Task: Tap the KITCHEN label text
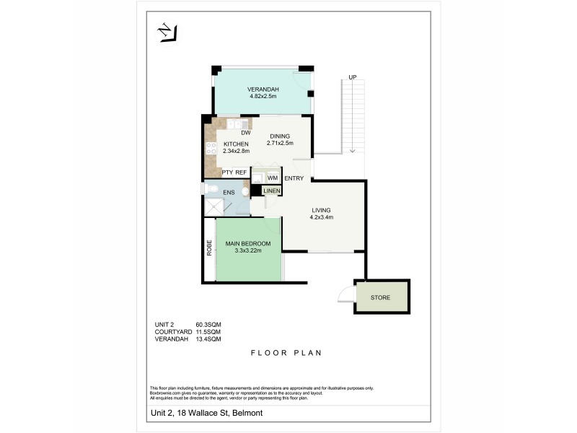point(236,144)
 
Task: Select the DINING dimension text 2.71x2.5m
point(280,144)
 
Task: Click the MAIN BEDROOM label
point(247,243)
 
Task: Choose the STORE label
point(380,297)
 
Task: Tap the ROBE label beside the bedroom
point(208,248)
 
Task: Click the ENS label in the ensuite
point(228,192)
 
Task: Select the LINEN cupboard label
point(271,191)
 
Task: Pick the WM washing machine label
point(273,178)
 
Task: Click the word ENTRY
point(294,178)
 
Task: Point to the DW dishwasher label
point(245,133)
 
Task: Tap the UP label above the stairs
point(352,77)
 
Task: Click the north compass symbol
point(167,32)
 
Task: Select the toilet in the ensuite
point(210,188)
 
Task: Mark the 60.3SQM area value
point(208,324)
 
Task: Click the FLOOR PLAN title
point(286,354)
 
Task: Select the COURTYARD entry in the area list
point(173,331)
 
